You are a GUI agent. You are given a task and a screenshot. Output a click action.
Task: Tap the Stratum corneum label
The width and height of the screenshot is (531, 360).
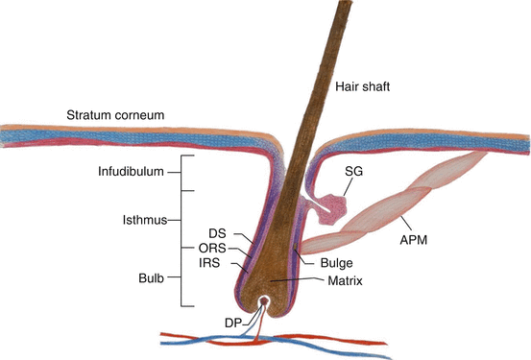[116, 115]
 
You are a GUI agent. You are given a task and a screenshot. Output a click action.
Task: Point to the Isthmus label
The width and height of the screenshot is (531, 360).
[144, 219]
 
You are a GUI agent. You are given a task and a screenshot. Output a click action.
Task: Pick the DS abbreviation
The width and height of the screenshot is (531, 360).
[215, 234]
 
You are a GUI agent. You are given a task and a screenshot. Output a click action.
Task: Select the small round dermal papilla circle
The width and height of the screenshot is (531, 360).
[264, 301]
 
